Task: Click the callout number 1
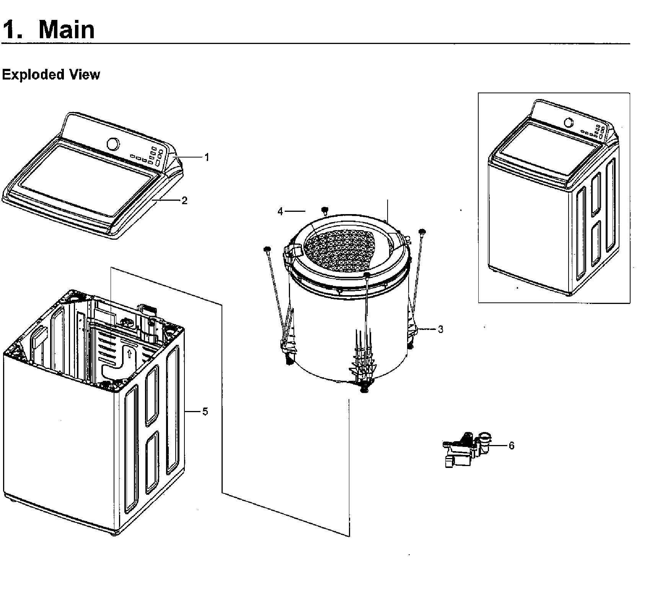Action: tap(207, 157)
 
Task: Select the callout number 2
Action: tap(184, 200)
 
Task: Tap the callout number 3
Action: tap(440, 329)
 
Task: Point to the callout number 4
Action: tap(280, 211)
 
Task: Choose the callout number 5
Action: tap(205, 412)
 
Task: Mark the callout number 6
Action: tap(512, 446)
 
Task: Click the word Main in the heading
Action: tap(66, 29)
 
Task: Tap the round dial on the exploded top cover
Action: tap(113, 144)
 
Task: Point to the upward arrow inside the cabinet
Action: tap(130, 354)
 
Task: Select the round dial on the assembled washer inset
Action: tap(569, 123)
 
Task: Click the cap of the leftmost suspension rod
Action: tap(267, 249)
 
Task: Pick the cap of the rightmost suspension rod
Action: tap(422, 231)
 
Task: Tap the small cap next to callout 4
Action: tap(325, 210)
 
